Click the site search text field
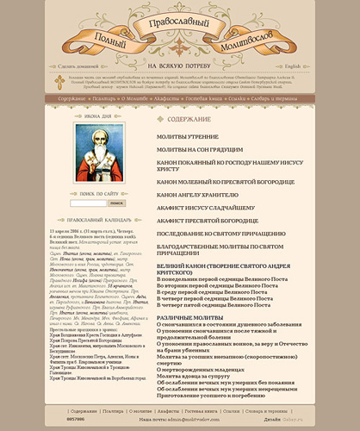coord(82,203)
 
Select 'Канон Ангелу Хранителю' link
coord(200,195)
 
